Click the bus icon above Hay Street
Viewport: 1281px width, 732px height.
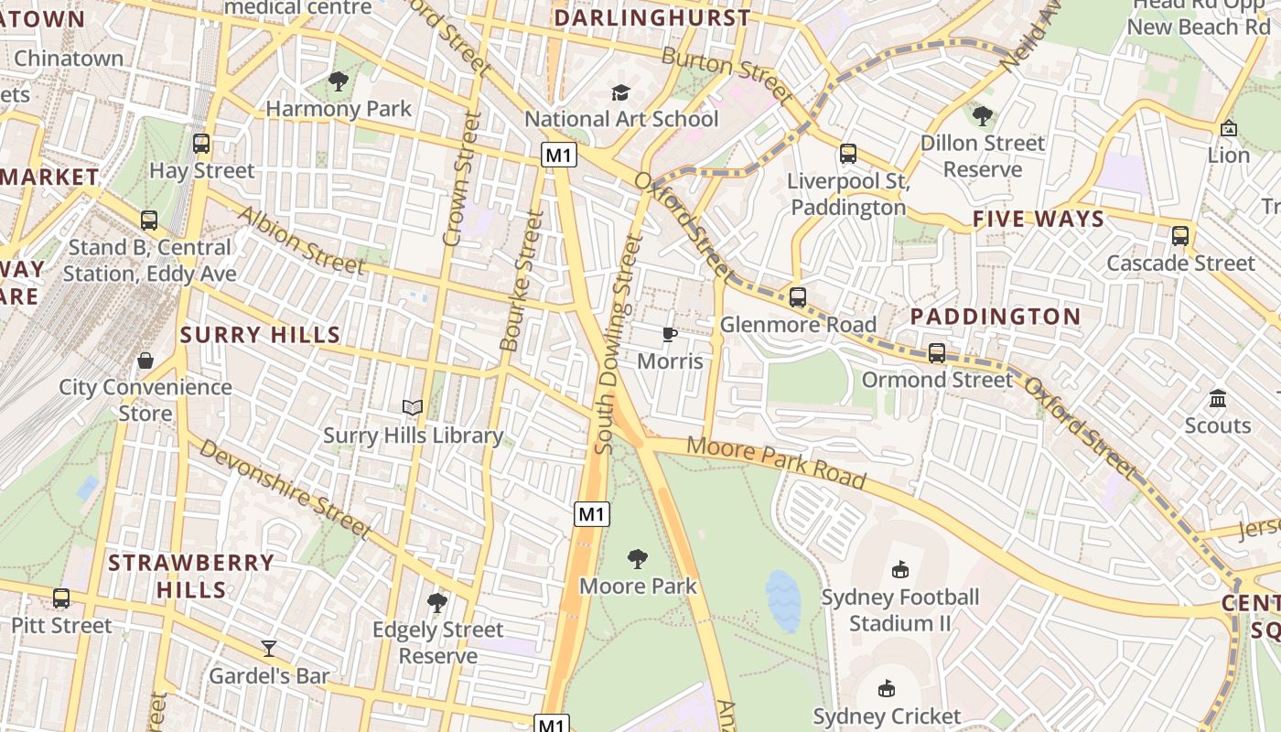point(201,144)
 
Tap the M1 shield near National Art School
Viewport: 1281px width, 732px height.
point(559,155)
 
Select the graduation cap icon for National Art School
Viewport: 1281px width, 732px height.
point(621,92)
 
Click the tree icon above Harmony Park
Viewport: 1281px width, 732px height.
point(339,81)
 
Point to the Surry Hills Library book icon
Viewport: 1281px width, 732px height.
point(413,408)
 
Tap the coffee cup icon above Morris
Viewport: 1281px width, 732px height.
point(670,334)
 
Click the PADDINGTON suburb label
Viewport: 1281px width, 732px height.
point(996,317)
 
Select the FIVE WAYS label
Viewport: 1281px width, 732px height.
point(1038,219)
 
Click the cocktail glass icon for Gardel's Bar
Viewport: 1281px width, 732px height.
point(269,649)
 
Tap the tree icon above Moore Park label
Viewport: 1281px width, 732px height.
point(638,558)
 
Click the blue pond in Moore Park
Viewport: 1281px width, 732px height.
point(783,600)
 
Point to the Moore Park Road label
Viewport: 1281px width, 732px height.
point(775,462)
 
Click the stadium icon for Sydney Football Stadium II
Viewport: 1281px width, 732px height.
point(900,570)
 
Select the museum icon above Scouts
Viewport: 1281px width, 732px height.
point(1217,398)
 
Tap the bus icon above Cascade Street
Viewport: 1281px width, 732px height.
point(1180,235)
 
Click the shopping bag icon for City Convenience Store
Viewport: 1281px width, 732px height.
point(145,360)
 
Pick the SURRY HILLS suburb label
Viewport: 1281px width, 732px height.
point(260,335)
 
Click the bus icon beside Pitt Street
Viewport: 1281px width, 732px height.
point(61,598)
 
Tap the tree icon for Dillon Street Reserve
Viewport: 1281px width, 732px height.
point(983,116)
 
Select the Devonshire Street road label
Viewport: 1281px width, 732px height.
point(285,489)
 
